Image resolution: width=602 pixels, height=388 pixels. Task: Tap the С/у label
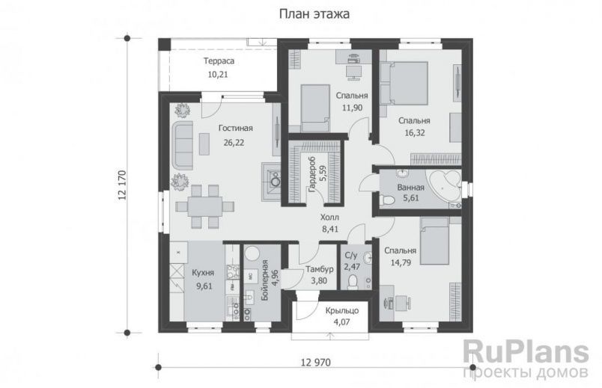[x=351, y=254]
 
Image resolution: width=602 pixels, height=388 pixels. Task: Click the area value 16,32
[x=414, y=132]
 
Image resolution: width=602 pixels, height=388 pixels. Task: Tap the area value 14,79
[x=401, y=262]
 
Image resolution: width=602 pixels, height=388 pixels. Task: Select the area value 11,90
[x=351, y=108]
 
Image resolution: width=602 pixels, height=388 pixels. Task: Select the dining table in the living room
[x=204, y=205]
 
